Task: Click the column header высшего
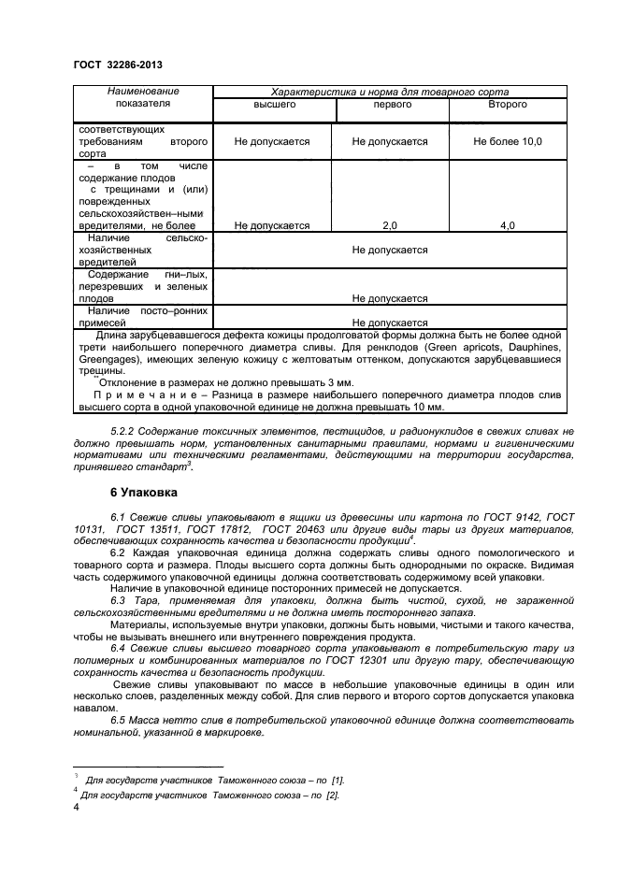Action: point(272,105)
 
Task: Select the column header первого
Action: point(389,105)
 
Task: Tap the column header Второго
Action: point(507,105)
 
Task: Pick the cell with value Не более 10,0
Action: point(507,141)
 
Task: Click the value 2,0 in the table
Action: point(389,225)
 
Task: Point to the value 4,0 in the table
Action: point(507,225)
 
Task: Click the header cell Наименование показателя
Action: point(143,98)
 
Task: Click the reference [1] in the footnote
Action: point(338,780)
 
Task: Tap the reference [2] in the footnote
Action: point(331,796)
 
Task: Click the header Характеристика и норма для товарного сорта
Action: point(389,92)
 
